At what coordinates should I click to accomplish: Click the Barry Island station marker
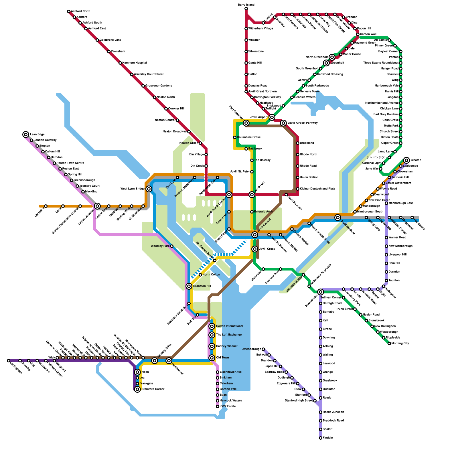246,9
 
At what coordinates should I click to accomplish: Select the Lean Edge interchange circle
26,135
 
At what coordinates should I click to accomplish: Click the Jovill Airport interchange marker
272,117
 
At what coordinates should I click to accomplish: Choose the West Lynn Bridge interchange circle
149,189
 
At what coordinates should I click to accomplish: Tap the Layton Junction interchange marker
97,206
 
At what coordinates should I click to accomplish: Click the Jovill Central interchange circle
255,235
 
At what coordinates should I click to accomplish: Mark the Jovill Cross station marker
255,249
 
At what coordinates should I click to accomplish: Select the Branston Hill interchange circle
189,286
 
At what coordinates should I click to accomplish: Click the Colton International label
229,326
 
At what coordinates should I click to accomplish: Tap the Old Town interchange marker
212,358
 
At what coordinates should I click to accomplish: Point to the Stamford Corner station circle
137,389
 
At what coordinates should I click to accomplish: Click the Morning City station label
400,343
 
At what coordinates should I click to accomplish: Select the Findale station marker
321,438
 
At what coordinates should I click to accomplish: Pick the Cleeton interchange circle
407,160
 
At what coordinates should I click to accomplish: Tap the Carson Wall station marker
358,34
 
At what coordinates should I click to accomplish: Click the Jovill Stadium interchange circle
338,218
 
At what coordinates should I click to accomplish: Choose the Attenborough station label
252,349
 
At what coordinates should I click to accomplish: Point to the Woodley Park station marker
172,246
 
